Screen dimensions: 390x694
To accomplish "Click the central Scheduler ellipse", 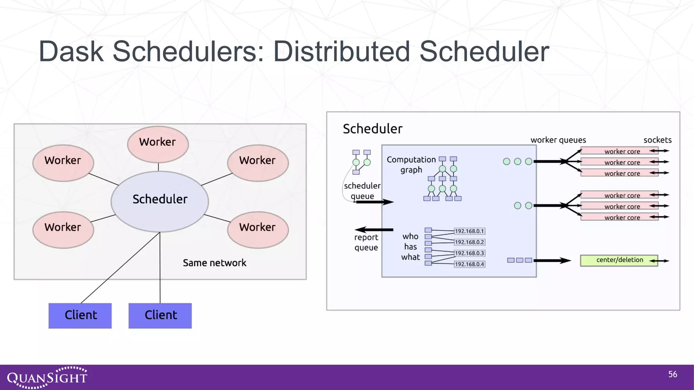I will coord(160,201).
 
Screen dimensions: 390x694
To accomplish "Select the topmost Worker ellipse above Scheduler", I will coord(158,144).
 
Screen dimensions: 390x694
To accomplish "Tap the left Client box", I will coord(80,316).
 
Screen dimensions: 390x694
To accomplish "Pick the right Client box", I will coord(160,316).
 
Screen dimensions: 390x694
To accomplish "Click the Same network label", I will coord(215,263).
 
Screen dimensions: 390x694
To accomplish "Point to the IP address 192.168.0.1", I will coord(469,231).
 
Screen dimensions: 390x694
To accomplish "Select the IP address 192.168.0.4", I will coord(469,264).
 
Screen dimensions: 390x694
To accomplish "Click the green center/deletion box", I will coord(619,260).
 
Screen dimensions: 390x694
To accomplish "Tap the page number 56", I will coord(672,374).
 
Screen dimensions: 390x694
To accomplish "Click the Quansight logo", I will coord(47,377).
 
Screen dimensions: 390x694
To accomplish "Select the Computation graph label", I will coord(411,165).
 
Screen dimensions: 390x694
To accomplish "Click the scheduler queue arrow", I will coord(374,202).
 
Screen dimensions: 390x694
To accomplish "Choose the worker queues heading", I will coord(558,140).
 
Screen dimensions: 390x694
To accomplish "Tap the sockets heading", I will coord(657,140).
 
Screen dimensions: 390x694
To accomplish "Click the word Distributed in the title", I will coord(342,52).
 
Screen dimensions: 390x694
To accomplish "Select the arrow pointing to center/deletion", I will coord(552,260).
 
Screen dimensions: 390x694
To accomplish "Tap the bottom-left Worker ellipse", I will coord(63,230).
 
